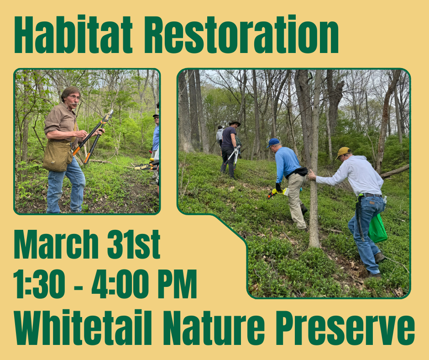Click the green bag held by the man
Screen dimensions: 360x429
click(x=377, y=228)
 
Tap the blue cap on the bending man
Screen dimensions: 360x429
click(x=273, y=142)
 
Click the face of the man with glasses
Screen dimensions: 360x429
click(x=73, y=97)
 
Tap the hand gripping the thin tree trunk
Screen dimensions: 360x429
click(x=312, y=175)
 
